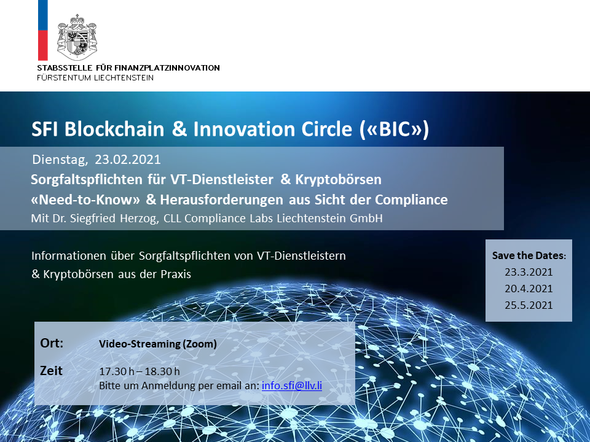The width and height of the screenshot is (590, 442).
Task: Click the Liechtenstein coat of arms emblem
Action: click(77, 37)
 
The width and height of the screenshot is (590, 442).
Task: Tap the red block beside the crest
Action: click(43, 45)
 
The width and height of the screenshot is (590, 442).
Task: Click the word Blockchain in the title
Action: click(114, 129)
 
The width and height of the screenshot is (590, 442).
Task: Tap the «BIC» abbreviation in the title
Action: click(394, 130)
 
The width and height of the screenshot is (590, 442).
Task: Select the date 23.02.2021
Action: click(128, 160)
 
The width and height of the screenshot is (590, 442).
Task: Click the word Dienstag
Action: click(60, 160)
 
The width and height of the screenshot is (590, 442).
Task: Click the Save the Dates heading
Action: click(529, 255)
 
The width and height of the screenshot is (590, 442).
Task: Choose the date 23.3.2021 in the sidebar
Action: click(529, 272)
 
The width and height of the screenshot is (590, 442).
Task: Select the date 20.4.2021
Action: click(529, 289)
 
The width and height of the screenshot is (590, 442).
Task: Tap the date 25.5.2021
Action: click(529, 305)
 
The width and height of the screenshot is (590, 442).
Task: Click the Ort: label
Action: click(52, 343)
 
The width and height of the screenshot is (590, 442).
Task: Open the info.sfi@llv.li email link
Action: click(291, 386)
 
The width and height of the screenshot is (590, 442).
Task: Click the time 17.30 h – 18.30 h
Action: click(140, 372)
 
